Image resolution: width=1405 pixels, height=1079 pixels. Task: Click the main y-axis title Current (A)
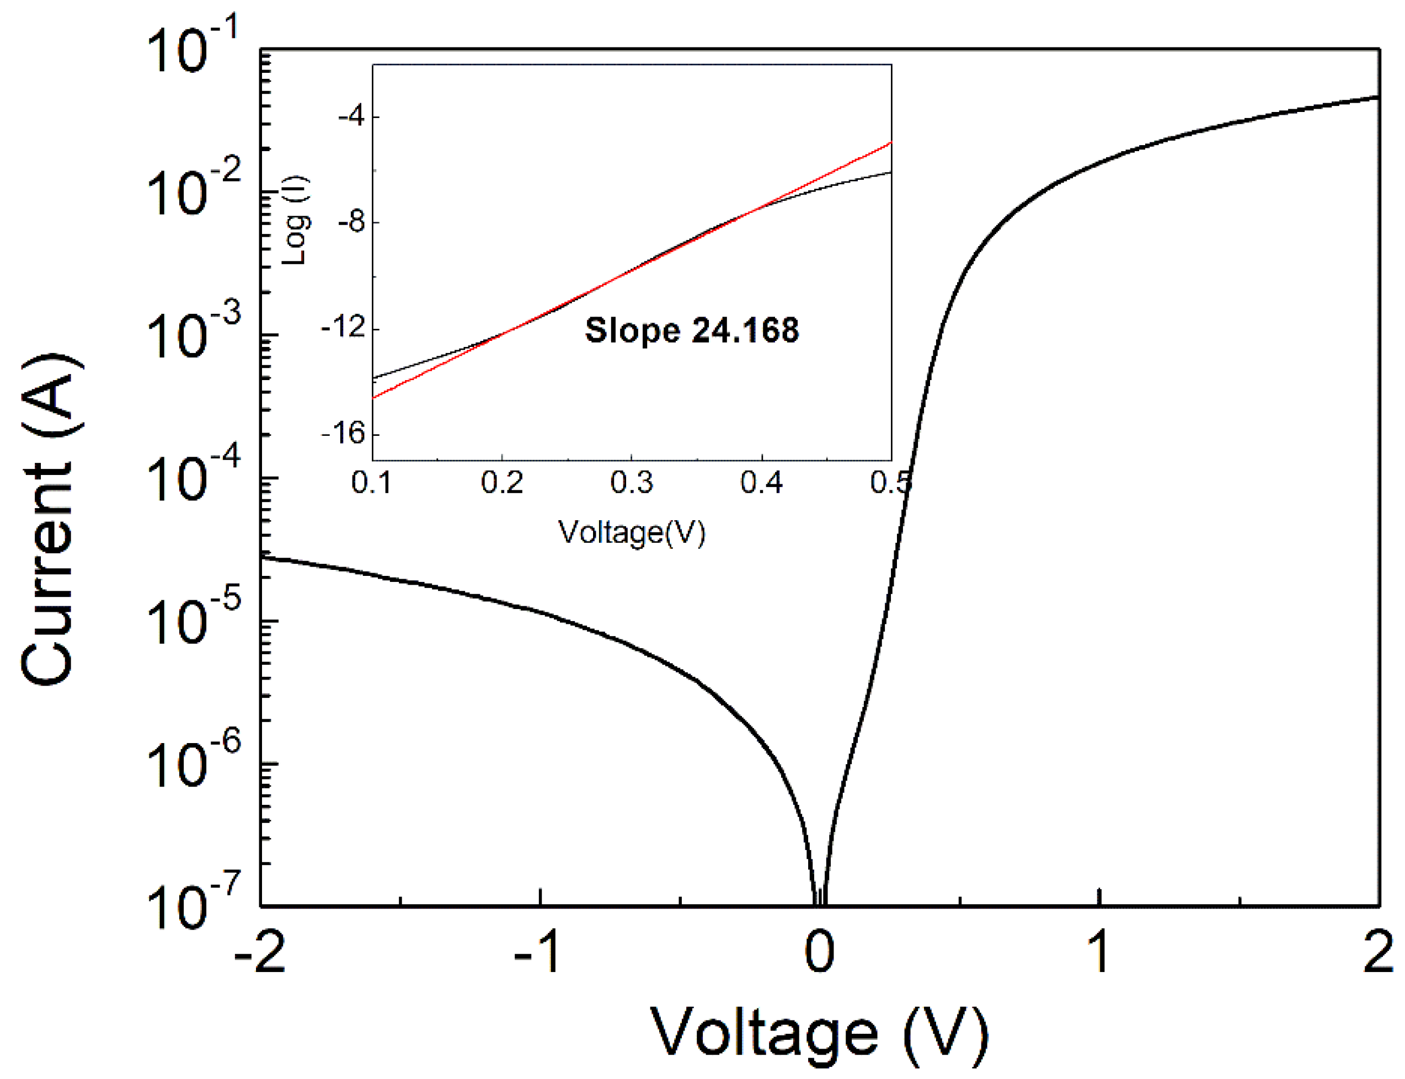(50, 519)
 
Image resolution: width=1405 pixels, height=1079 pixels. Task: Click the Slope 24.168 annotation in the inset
(692, 330)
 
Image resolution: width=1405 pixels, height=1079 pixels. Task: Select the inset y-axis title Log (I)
(297, 220)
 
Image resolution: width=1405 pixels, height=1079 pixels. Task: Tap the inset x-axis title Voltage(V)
(632, 532)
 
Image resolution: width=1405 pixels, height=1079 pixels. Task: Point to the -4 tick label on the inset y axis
(351, 116)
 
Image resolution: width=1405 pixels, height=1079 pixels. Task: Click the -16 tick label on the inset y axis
(343, 434)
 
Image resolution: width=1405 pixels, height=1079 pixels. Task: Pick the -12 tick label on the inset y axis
(343, 328)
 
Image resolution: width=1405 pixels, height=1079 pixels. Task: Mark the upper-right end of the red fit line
(891, 142)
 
